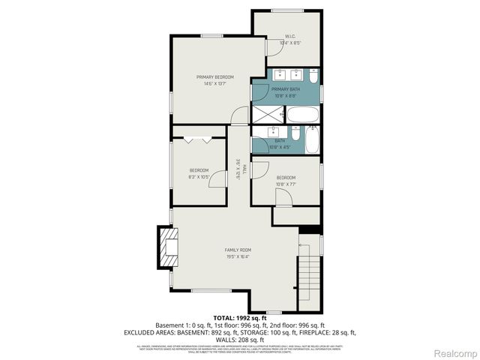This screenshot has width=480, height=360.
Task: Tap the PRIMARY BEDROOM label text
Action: pyautogui.click(x=215, y=77)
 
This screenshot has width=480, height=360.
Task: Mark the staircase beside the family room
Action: pyautogui.click(x=308, y=277)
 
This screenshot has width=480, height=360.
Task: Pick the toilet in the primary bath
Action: pyautogui.click(x=313, y=76)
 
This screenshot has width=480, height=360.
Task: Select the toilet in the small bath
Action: pyautogui.click(x=294, y=139)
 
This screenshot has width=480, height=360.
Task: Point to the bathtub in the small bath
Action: pyautogui.click(x=312, y=139)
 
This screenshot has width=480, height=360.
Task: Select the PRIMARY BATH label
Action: pyautogui.click(x=286, y=89)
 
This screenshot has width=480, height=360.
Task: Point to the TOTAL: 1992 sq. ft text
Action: pyautogui.click(x=240, y=318)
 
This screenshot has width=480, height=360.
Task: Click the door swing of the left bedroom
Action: pyautogui.click(x=217, y=178)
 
